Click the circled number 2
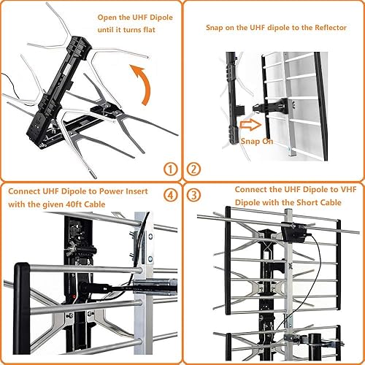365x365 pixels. [193, 169]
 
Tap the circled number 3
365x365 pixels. [193, 195]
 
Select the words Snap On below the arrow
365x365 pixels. [257, 141]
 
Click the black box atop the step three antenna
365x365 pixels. [297, 234]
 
